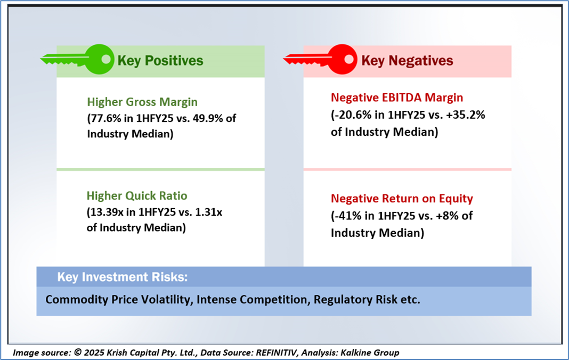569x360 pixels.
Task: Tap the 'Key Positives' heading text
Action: coord(160,61)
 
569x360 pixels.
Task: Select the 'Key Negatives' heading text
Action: coord(407,61)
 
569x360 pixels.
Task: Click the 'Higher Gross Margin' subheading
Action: coord(142,102)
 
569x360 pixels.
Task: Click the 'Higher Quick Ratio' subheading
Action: coord(137,195)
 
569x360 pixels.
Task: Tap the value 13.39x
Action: coord(107,211)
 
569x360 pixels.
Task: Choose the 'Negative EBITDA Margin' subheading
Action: coord(397,97)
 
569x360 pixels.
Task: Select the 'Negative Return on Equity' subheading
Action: coord(402,199)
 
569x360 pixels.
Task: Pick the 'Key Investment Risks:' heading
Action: coord(123,277)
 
